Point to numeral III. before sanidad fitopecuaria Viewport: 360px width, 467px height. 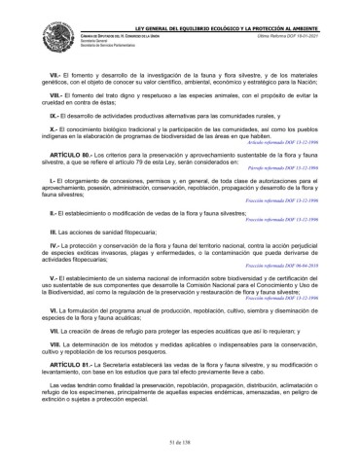coord(54,233)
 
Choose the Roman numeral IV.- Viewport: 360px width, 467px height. coord(55,246)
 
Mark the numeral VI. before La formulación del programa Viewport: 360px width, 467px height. coord(54,307)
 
